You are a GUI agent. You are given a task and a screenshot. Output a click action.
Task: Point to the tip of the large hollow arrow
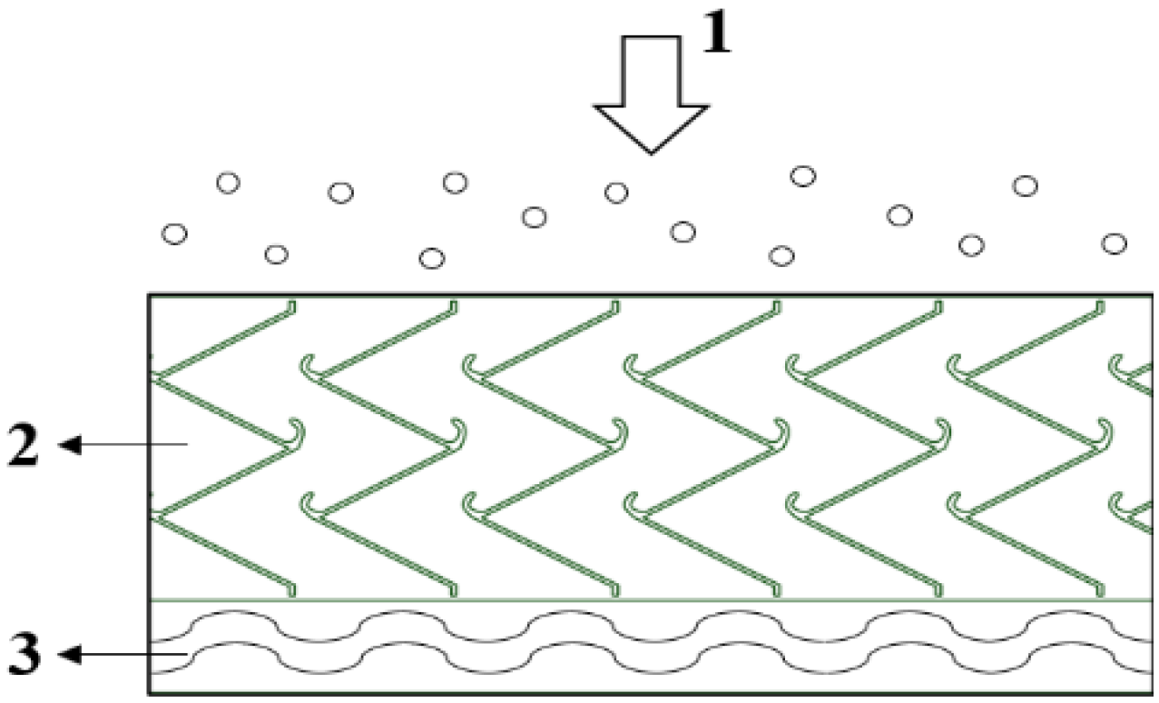(x=650, y=151)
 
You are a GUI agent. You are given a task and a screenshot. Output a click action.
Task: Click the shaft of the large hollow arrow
(x=650, y=73)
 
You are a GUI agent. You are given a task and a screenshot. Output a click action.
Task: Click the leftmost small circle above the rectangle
(x=174, y=233)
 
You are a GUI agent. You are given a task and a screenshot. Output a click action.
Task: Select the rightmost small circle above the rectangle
(x=1114, y=243)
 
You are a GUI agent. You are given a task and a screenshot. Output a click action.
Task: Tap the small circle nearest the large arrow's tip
(x=617, y=192)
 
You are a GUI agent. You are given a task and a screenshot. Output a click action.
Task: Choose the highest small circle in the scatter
(x=802, y=176)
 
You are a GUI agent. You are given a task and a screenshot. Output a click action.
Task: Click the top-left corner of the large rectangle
(x=150, y=295)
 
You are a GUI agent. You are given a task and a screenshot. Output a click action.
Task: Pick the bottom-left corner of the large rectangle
(x=150, y=695)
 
